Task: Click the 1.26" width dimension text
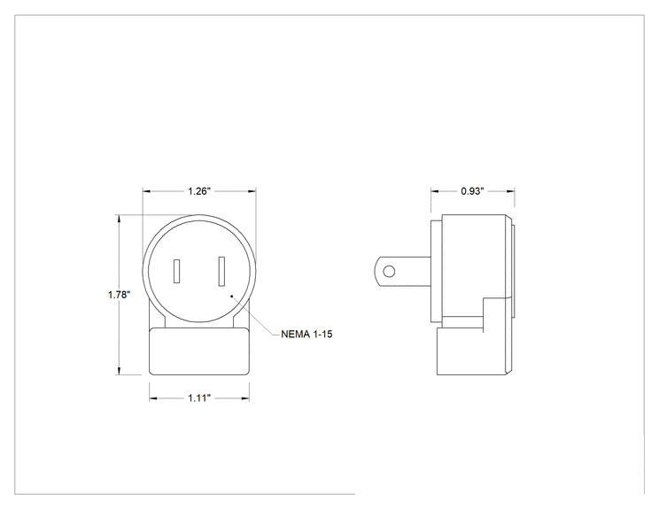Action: pos(198,191)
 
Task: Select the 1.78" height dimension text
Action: pos(119,295)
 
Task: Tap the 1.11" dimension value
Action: pos(199,398)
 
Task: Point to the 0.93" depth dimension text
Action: pos(472,191)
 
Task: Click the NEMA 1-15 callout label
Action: pos(306,335)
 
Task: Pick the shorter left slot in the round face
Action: pos(177,271)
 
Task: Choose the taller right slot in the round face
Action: pos(221,271)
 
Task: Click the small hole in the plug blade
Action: pos(389,272)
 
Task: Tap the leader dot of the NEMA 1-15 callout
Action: pos(231,297)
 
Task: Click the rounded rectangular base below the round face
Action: pos(199,351)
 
